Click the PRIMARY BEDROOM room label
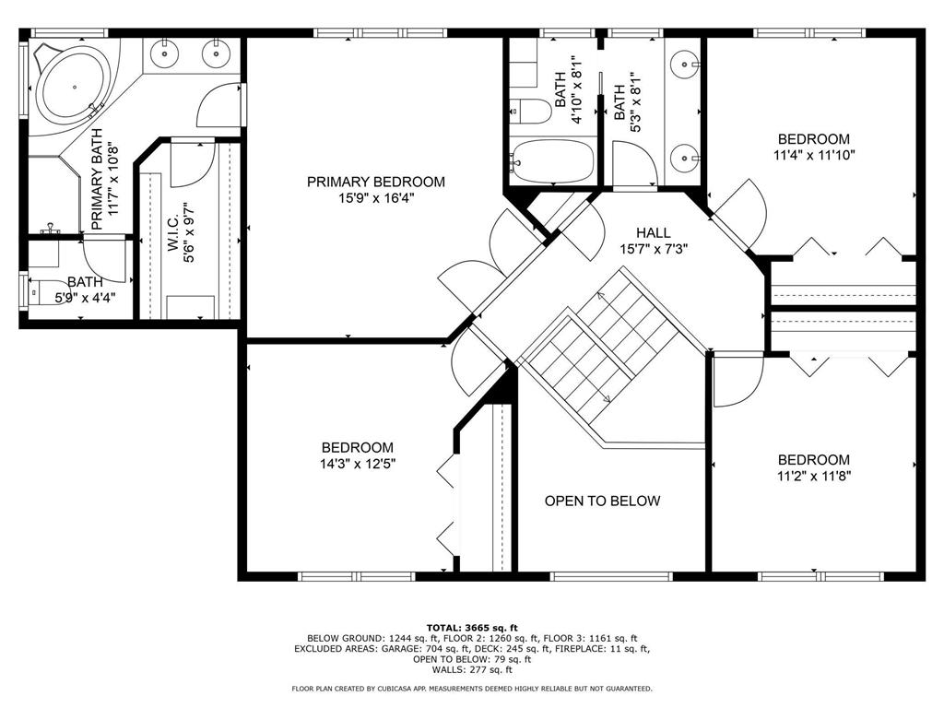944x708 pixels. (376, 182)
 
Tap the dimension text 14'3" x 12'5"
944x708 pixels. (359, 465)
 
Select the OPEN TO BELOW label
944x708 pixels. (603, 501)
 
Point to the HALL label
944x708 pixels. (654, 232)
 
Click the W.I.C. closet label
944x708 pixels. (172, 233)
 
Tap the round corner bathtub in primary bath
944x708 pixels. (74, 88)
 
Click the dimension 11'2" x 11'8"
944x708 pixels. (813, 477)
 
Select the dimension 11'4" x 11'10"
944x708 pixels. (815, 155)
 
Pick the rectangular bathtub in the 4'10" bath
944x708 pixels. (552, 160)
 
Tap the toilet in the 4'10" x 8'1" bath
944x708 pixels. (531, 112)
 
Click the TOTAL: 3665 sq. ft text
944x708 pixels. (472, 628)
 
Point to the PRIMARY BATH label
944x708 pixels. (97, 180)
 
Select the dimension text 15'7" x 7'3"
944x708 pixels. (654, 249)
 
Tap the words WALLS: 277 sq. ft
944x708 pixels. (472, 669)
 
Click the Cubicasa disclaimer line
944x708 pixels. (472, 688)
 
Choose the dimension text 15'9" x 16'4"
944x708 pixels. (376, 198)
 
